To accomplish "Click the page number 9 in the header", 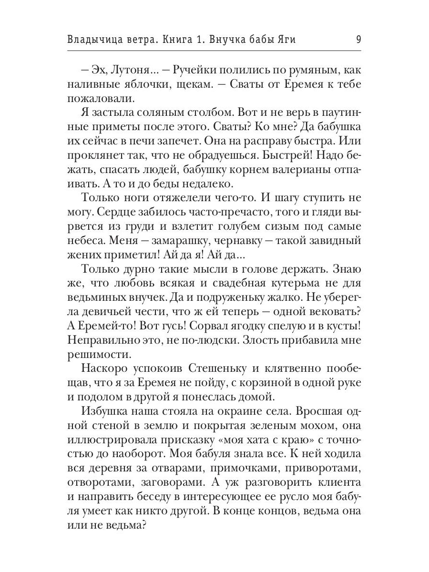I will tap(358, 40).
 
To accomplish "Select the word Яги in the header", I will tap(285, 40).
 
